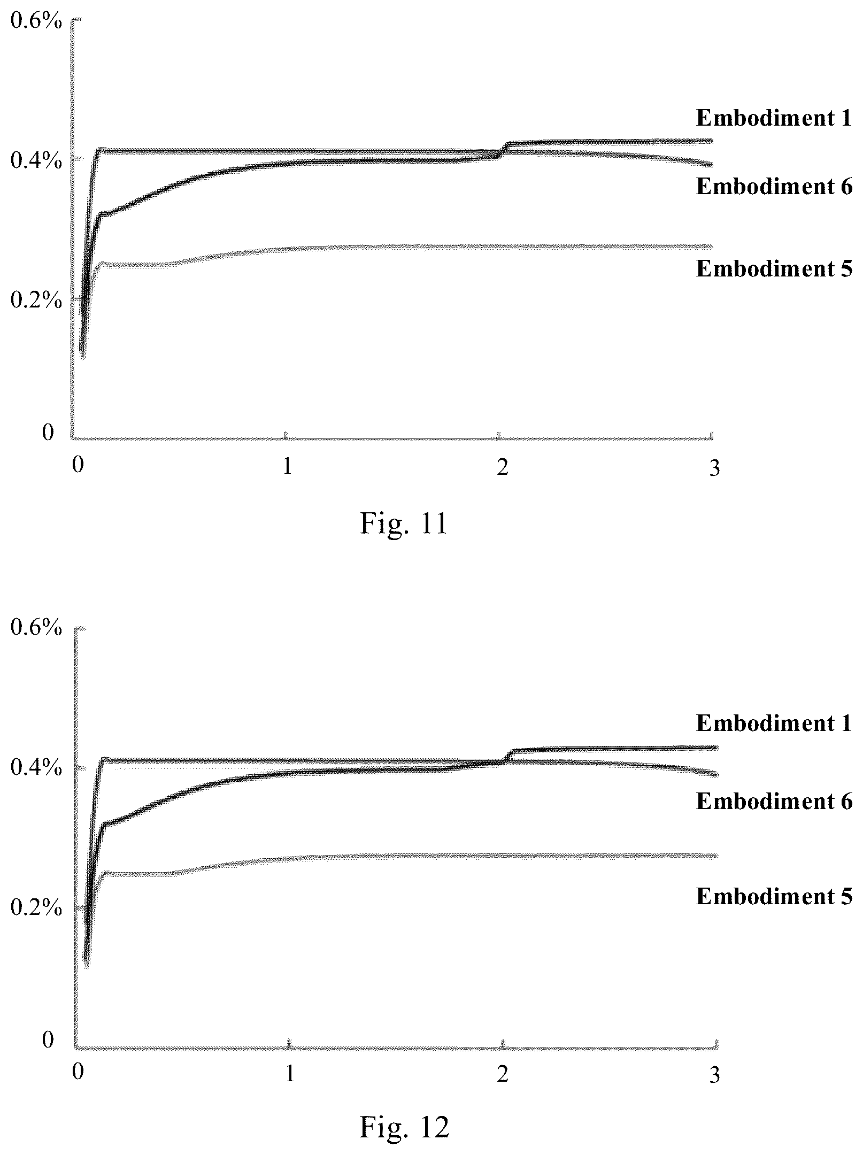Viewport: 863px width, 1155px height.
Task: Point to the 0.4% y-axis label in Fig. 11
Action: pos(36,160)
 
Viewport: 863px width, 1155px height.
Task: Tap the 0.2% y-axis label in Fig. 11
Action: pos(36,301)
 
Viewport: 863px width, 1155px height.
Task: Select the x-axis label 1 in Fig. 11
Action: pos(288,467)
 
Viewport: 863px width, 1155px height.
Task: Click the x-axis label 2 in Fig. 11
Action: pos(502,467)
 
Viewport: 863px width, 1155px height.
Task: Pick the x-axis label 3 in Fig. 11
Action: pos(714,468)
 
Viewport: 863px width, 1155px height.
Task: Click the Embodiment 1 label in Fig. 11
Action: pos(774,118)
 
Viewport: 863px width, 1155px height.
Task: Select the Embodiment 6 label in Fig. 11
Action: pos(774,186)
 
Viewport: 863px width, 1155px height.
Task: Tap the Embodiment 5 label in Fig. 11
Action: pos(774,268)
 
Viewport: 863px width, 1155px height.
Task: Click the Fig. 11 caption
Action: pos(404,524)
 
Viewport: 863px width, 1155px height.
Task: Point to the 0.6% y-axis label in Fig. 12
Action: pos(36,628)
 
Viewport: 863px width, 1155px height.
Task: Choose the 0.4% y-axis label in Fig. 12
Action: pos(36,768)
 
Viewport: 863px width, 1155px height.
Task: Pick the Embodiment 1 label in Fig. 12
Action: pos(774,723)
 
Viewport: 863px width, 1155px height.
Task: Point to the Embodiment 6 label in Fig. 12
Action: pos(774,801)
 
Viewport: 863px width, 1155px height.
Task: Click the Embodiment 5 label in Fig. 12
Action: pos(774,896)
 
